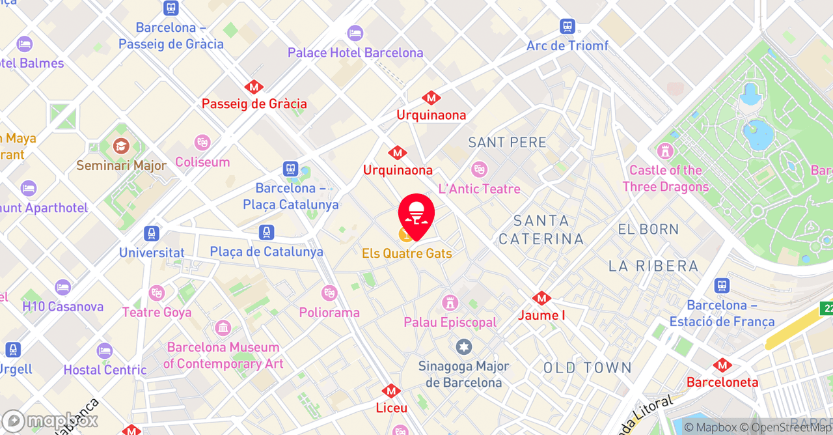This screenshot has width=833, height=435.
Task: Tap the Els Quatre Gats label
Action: coord(407,253)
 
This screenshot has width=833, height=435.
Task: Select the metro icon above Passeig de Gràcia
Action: coord(254,87)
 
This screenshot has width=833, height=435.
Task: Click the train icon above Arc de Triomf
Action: coord(567,27)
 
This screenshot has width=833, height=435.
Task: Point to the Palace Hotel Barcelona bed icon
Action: coord(355,33)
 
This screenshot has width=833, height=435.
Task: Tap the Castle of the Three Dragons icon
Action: coord(665,151)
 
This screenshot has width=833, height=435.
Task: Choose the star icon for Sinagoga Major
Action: coord(463,347)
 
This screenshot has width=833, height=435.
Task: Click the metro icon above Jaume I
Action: coord(541,298)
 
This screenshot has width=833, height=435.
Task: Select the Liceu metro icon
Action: coord(391,391)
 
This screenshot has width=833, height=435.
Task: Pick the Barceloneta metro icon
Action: coord(722,365)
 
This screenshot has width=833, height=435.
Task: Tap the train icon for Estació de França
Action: coord(722,286)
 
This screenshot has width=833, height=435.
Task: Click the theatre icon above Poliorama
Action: coord(329,293)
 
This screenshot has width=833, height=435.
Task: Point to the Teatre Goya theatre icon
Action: coord(156,293)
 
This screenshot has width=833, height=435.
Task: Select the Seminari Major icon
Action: coord(121,146)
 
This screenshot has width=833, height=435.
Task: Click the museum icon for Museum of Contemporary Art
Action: coord(223,328)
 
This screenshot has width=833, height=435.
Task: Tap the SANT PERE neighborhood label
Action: coord(508,142)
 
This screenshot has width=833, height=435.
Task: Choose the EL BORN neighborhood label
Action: coord(648,229)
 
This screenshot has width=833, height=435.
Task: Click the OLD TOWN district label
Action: coord(588,368)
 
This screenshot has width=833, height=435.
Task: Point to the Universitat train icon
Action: coord(152,234)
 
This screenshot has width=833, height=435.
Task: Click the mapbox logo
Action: coord(50,421)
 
